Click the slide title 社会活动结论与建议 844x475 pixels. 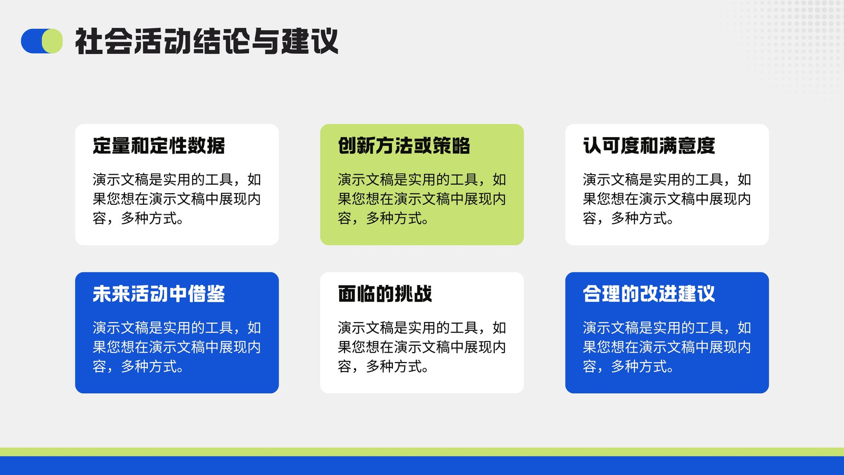[x=206, y=41]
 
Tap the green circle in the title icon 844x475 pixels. [x=52, y=41]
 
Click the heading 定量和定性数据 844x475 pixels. [x=159, y=146]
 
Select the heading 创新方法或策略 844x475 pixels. [x=404, y=146]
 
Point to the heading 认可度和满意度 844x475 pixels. [x=649, y=146]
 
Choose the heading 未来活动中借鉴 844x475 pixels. [x=159, y=293]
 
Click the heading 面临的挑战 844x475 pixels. [x=385, y=293]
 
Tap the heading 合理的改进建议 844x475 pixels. [x=649, y=293]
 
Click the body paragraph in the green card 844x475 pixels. [x=421, y=198]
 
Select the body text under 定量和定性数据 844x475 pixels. [x=177, y=198]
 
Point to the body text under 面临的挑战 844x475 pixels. [x=421, y=347]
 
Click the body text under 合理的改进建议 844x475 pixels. [x=667, y=347]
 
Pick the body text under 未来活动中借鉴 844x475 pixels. [x=177, y=347]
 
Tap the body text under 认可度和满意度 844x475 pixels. [x=667, y=198]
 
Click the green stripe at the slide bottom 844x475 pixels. [x=422, y=452]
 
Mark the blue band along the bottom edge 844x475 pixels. [x=422, y=466]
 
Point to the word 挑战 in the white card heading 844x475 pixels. [x=414, y=293]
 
